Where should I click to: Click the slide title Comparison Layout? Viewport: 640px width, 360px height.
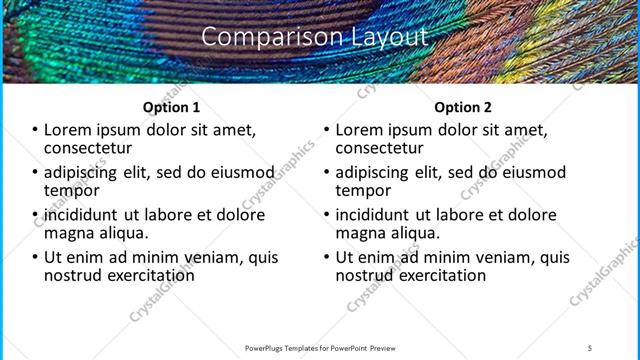[x=315, y=38]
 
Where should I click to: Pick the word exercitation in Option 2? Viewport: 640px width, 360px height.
[x=441, y=275]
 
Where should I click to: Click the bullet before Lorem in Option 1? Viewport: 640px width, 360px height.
[x=35, y=130]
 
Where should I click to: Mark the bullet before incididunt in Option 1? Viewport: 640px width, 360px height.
[x=35, y=215]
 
